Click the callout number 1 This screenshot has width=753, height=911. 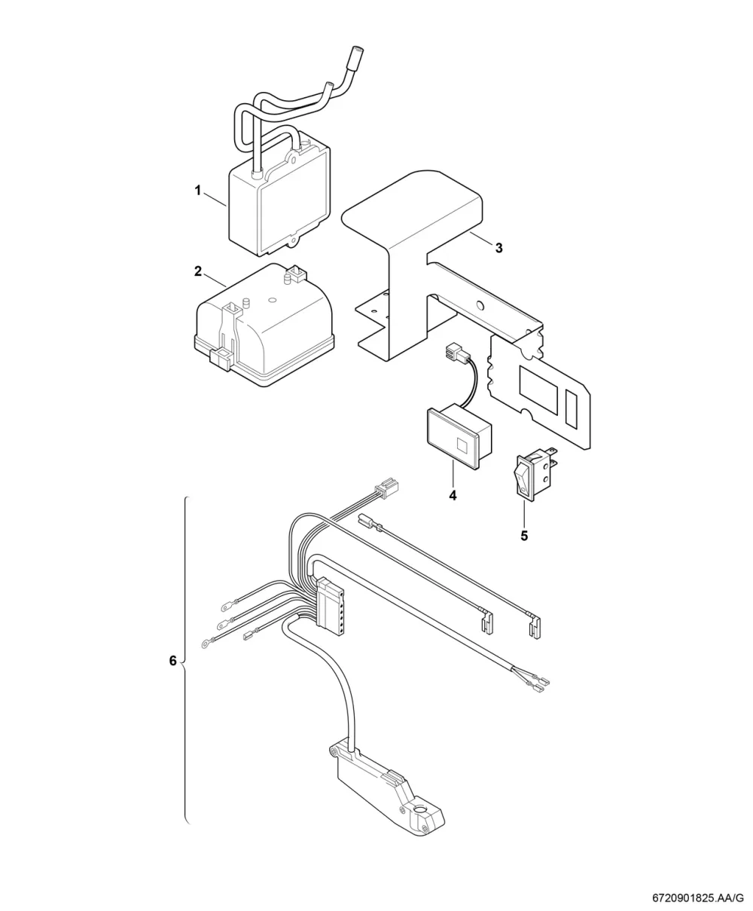(197, 191)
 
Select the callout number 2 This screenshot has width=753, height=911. (198, 271)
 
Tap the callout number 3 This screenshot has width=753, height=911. (498, 248)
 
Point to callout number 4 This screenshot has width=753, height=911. (453, 496)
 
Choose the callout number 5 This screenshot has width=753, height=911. (524, 536)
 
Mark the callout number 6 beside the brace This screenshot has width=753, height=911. (173, 661)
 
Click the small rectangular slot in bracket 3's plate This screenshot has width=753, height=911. (572, 407)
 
